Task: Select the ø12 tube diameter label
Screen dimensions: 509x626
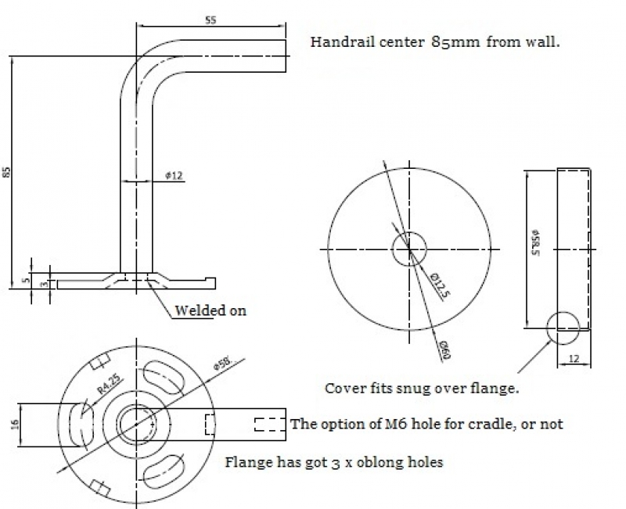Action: coord(174,176)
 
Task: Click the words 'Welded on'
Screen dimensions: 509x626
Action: coord(210,310)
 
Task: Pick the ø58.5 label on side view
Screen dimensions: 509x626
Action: coord(534,243)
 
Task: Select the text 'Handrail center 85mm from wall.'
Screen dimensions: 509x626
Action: coord(434,42)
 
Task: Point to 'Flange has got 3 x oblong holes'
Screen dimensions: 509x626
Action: coord(334,461)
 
